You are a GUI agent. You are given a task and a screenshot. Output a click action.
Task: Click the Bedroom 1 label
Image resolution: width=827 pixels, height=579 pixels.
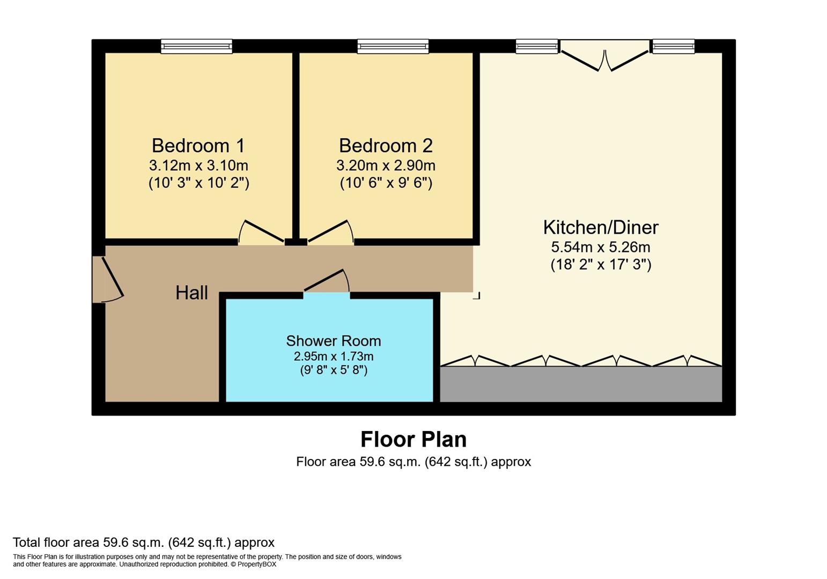198,146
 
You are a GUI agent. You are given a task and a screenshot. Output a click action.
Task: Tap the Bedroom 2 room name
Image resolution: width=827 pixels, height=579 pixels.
386,146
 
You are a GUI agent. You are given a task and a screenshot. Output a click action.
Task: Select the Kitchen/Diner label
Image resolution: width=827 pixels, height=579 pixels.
601,227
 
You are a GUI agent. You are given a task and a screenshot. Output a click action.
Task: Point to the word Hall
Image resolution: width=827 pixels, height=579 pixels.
191,293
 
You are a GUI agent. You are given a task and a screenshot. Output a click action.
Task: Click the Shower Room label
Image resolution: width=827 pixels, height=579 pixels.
334,341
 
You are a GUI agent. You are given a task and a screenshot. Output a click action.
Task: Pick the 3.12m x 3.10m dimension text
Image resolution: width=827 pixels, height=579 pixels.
198,165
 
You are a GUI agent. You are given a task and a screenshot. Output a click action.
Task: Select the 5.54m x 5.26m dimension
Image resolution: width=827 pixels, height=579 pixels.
601,247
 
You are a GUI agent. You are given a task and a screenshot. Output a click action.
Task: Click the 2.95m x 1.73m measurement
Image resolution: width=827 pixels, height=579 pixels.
334,356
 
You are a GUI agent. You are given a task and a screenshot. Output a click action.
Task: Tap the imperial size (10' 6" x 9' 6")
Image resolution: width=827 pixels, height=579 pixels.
386,183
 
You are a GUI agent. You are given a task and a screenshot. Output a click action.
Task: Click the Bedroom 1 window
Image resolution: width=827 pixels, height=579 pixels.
196,47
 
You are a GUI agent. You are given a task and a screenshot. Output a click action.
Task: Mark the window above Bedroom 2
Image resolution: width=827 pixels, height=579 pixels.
393,47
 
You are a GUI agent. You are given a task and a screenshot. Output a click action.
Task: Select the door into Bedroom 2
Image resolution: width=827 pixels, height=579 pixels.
330,233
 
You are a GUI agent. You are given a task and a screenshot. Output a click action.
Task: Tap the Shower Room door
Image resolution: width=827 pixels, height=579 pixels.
327,281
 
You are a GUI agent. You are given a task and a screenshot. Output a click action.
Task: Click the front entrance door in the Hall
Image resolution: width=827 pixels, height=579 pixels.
108,279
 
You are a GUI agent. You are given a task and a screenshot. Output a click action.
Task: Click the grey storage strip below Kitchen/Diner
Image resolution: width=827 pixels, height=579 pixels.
581,384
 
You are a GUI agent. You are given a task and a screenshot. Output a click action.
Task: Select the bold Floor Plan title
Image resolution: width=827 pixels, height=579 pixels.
413,440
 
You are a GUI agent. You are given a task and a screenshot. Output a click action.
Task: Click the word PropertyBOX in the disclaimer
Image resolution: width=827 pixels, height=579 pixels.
256,564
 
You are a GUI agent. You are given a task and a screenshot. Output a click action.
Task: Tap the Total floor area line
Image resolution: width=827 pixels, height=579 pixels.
144,543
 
